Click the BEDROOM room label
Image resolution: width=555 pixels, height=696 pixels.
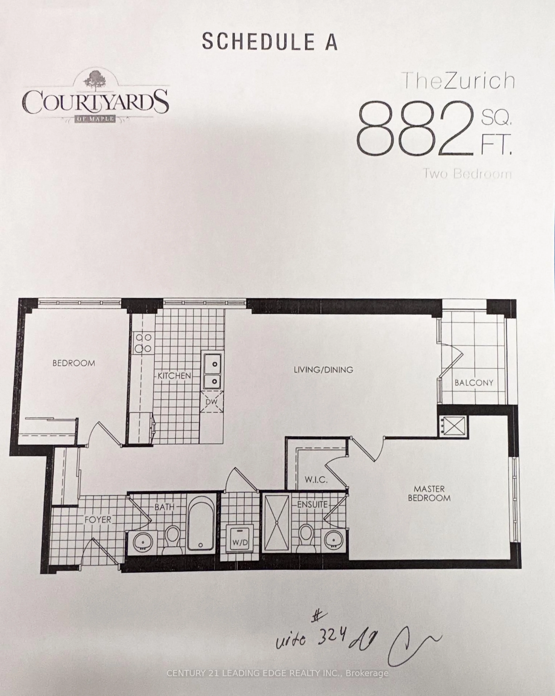pyautogui.click(x=74, y=363)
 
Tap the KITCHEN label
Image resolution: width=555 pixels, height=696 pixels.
pyautogui.click(x=174, y=376)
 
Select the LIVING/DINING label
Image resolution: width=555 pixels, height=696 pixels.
pyautogui.click(x=323, y=370)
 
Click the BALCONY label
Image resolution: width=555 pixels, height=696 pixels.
pyautogui.click(x=474, y=383)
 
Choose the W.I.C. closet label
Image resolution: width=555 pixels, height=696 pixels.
pyautogui.click(x=316, y=480)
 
